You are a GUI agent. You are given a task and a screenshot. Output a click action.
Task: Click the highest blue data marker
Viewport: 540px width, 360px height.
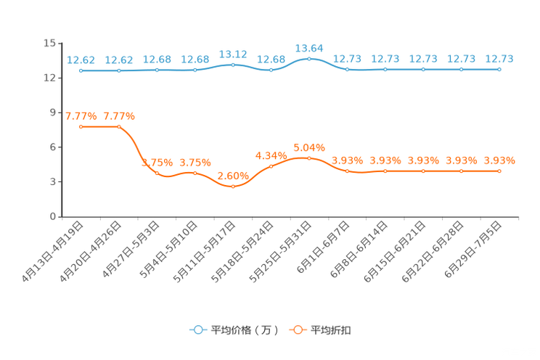(309, 58)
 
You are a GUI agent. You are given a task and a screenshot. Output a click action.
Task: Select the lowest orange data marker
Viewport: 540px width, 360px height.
(233, 187)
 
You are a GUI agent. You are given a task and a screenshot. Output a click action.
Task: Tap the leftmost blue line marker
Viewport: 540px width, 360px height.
(81, 70)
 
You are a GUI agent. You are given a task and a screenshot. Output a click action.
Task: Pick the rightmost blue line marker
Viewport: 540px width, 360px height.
(499, 70)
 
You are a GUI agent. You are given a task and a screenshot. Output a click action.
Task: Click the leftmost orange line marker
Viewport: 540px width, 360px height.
(81, 126)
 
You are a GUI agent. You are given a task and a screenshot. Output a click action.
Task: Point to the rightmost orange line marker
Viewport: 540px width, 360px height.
(499, 171)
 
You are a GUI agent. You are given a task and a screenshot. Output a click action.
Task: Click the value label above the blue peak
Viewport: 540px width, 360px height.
(309, 47)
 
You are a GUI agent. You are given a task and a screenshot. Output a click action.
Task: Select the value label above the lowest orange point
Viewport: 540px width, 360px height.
(233, 175)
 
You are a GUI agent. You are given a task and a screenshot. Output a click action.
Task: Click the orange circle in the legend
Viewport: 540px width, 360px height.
(297, 330)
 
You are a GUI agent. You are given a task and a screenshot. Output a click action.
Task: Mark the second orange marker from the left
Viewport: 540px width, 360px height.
(119, 126)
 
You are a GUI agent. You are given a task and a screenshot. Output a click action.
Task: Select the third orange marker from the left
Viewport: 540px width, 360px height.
(157, 173)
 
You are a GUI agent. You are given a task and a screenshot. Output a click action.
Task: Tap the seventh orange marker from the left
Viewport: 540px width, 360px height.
(309, 157)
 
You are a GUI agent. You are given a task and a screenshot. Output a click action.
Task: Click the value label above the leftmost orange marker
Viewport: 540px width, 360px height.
(81, 115)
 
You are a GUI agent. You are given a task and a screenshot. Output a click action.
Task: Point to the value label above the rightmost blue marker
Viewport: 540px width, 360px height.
(499, 59)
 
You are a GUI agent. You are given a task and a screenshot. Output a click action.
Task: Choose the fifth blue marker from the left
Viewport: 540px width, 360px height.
(233, 65)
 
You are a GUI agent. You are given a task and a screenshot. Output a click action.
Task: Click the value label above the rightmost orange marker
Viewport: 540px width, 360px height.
(499, 160)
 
